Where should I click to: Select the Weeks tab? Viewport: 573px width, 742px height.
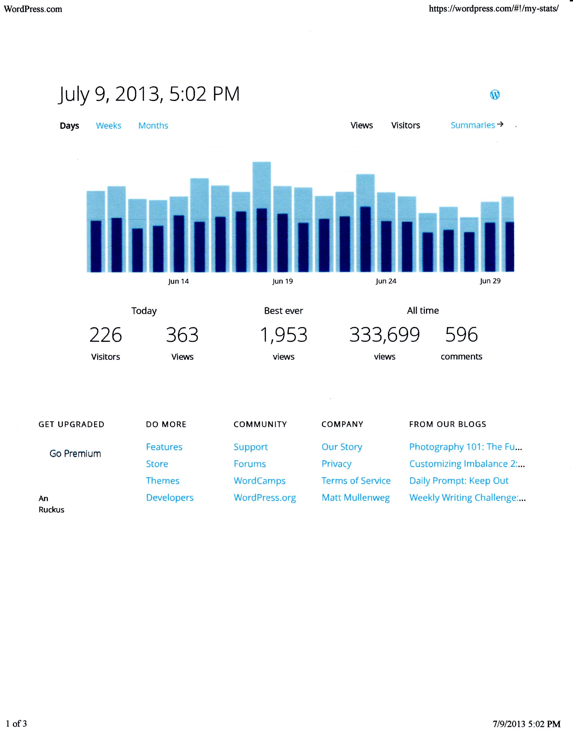pos(109,126)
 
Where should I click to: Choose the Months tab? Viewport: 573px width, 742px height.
pos(153,126)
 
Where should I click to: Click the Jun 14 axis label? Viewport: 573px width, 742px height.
pos(179,281)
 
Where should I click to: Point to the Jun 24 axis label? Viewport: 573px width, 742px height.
pos(386,281)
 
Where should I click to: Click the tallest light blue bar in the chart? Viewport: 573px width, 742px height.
pos(262,183)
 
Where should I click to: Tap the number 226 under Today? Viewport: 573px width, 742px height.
pos(106,335)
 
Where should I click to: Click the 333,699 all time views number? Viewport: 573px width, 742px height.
pos(385,335)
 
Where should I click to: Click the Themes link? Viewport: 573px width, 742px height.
pos(163,481)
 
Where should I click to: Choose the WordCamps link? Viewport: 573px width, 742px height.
pos(260,481)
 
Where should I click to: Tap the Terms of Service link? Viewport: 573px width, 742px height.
pos(356,481)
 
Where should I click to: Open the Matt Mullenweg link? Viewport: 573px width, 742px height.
pos(356,498)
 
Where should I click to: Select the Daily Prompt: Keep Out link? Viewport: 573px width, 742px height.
pos(459,481)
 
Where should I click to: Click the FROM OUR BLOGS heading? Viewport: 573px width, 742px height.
pos(447,424)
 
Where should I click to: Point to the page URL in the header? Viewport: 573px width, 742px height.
pos(494,9)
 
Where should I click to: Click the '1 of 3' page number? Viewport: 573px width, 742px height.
pos(16,724)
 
